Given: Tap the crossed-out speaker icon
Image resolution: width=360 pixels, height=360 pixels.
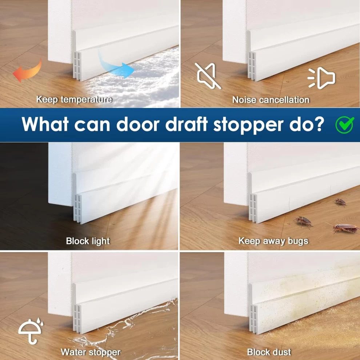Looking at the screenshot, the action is (208, 76).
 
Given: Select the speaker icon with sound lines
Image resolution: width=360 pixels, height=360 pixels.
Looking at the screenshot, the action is (321, 78).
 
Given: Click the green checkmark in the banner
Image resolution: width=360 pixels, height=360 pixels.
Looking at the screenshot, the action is (345, 125).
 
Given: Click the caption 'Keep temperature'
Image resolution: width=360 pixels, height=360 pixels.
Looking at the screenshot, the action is (74, 99).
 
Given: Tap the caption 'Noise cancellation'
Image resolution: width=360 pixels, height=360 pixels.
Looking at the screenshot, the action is (271, 100).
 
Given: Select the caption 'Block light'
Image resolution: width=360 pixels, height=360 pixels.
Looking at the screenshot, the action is (88, 241).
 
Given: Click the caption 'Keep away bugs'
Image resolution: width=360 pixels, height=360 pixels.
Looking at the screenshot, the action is (273, 241).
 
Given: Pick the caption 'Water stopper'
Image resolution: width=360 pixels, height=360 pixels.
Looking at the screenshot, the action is (91, 352).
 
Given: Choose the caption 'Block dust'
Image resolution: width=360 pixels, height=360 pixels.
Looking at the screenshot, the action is (269, 352).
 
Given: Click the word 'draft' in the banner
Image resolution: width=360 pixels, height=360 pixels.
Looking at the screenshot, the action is (187, 124).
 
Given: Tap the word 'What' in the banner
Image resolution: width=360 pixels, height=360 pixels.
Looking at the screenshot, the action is (45, 124).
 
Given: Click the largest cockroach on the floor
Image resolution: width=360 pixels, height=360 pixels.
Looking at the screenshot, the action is (344, 228).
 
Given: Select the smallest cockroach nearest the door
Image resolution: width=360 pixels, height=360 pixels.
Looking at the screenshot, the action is (340, 202).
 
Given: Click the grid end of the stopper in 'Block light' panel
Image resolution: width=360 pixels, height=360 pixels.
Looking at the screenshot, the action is (77, 208).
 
